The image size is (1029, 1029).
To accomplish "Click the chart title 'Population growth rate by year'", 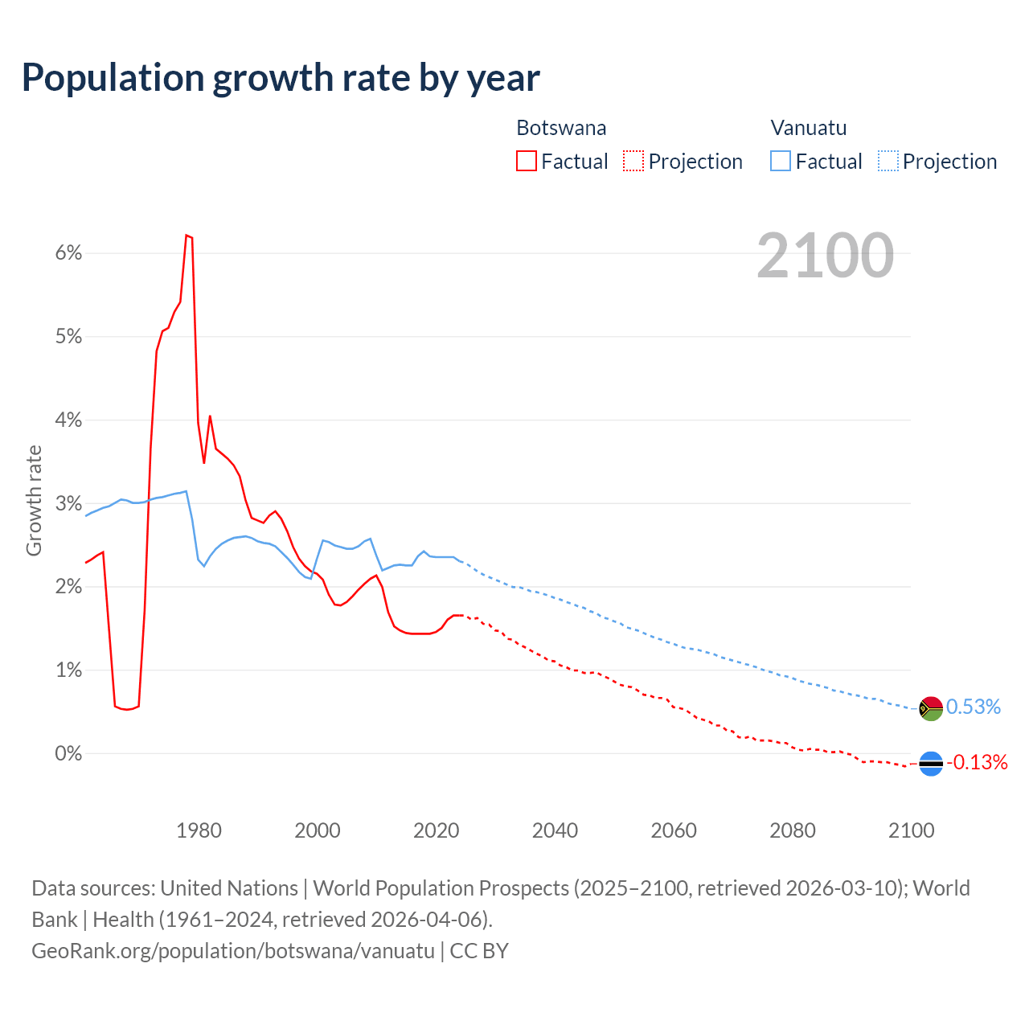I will point(281,78).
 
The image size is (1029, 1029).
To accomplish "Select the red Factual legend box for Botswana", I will point(527,161).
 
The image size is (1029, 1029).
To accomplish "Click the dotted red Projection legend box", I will point(633,161).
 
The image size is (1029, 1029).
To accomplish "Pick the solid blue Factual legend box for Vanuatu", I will point(781,161).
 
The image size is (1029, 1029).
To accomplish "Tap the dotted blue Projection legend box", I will point(888,161).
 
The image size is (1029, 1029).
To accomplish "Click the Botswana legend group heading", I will point(561,128).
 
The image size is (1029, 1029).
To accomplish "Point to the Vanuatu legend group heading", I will point(808,128).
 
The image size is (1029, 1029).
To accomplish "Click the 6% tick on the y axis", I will point(69,253).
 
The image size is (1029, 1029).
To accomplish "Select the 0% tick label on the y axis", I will point(69,754).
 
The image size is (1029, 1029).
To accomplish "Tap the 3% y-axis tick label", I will point(69,504).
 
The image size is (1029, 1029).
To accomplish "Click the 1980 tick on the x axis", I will point(199,830).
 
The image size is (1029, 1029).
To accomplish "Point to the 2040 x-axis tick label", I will point(555,830).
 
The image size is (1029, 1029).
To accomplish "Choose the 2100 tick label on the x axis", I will point(911,830).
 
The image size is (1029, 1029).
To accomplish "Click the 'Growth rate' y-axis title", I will point(34,500).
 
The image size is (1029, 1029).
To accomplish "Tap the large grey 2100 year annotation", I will point(825,256).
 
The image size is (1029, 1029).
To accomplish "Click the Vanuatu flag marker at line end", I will point(931,708).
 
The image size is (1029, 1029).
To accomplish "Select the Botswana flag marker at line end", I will point(931,763).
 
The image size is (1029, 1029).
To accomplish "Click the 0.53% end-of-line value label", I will point(974,707).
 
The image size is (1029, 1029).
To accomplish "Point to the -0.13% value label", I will point(977,762).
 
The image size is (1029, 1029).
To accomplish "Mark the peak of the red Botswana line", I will point(187,235).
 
